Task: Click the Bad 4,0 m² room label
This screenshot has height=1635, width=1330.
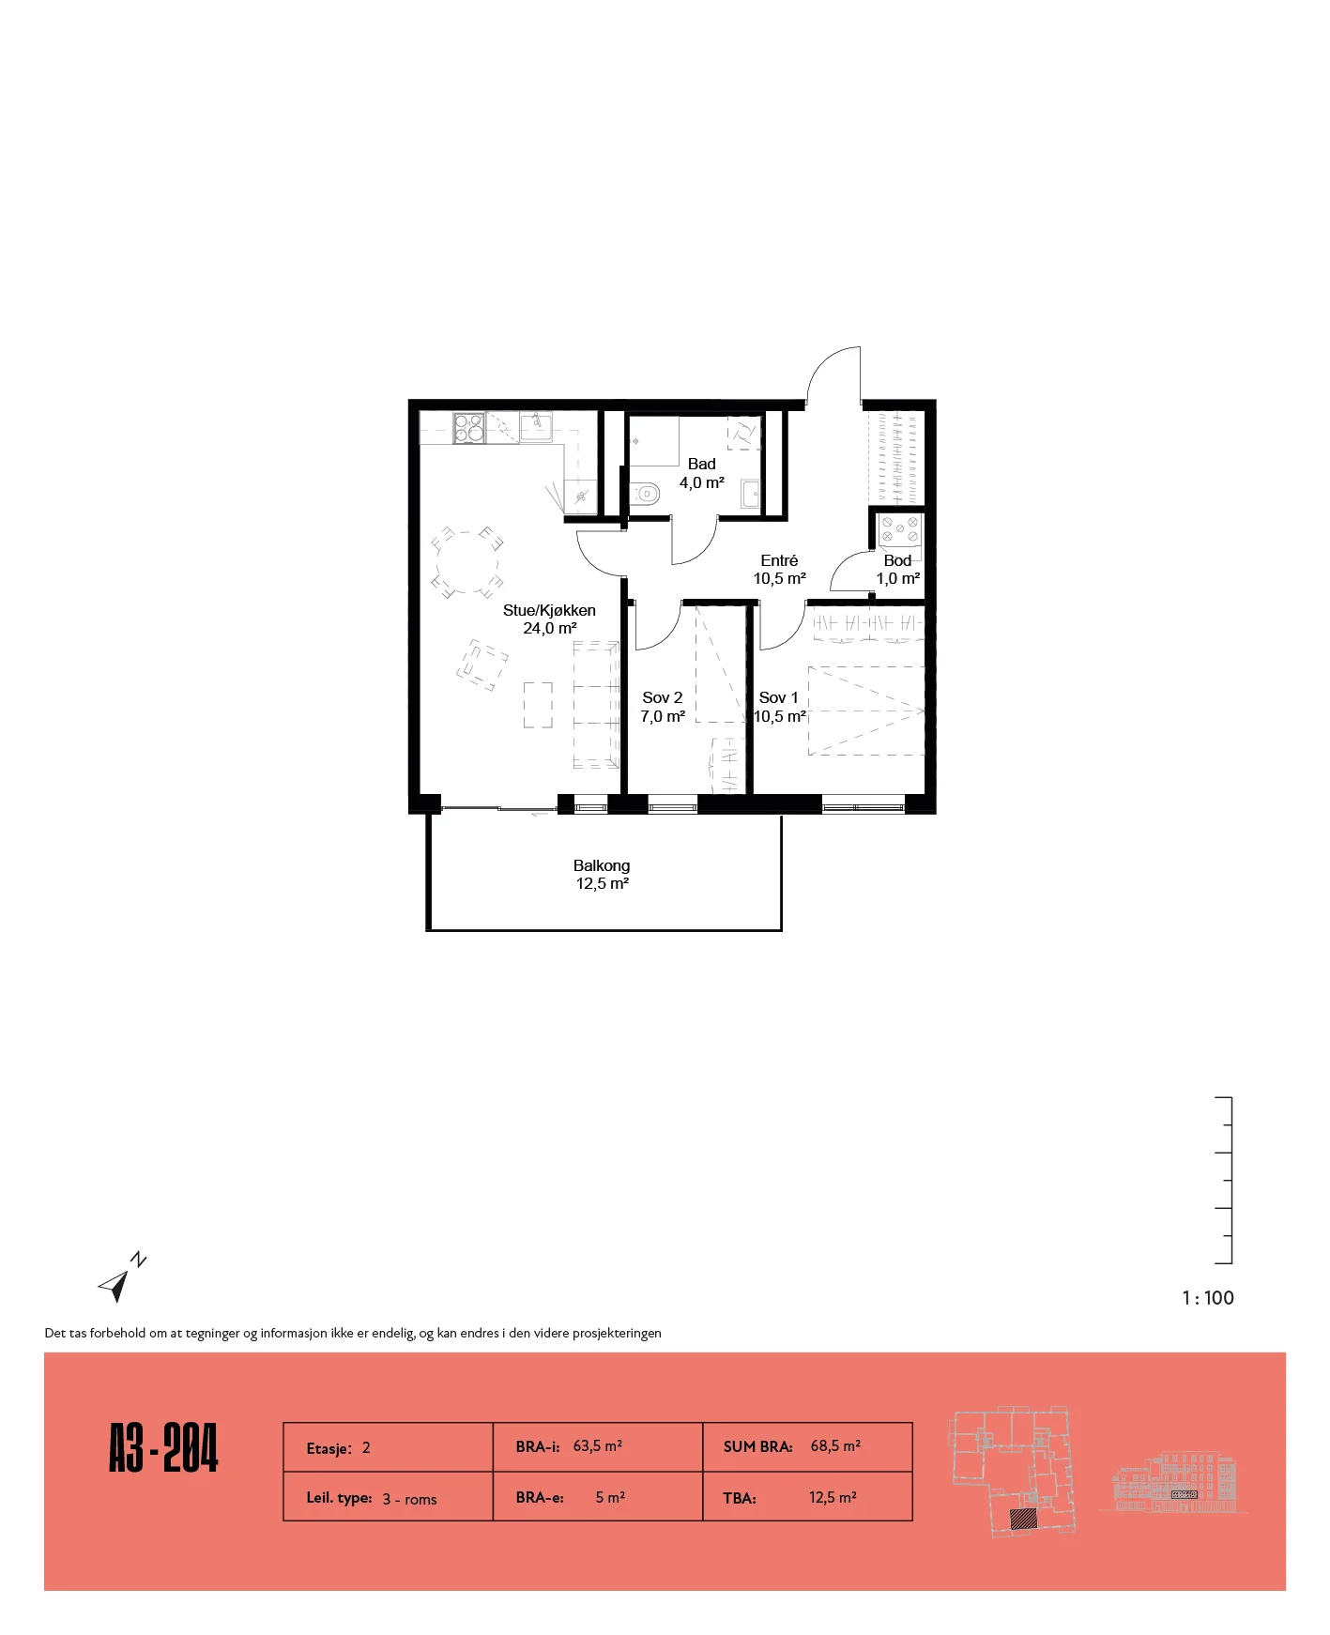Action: (x=702, y=473)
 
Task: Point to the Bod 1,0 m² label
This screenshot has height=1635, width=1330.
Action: (x=897, y=569)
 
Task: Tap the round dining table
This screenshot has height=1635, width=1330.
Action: (x=466, y=563)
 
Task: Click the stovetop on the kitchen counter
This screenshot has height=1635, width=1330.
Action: (x=469, y=428)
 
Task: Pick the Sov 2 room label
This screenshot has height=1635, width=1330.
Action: (x=663, y=707)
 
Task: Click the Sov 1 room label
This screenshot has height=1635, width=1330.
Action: (x=780, y=707)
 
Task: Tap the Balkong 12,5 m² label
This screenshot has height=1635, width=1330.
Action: (x=602, y=874)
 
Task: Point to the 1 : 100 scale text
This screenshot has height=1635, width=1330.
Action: (x=1208, y=1298)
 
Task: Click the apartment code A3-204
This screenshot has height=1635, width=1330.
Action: (x=163, y=1448)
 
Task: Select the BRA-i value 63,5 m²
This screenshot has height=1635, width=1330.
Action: (x=598, y=1446)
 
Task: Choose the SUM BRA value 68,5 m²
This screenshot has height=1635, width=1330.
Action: (x=835, y=1446)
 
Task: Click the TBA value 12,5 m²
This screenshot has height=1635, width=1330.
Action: (x=833, y=1497)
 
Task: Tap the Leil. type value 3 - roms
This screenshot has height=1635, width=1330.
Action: (x=409, y=1499)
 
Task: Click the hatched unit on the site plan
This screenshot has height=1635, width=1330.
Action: (x=1022, y=1519)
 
